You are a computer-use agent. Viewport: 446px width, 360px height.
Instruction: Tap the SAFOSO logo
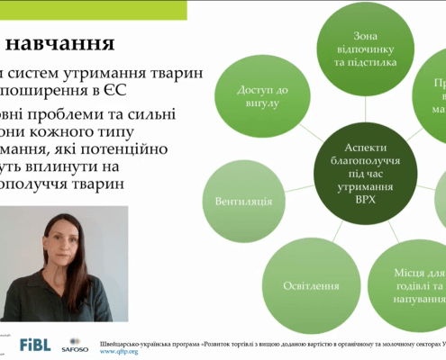coord(74,344)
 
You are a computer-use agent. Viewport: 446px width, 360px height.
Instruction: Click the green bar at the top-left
coord(90,9)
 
